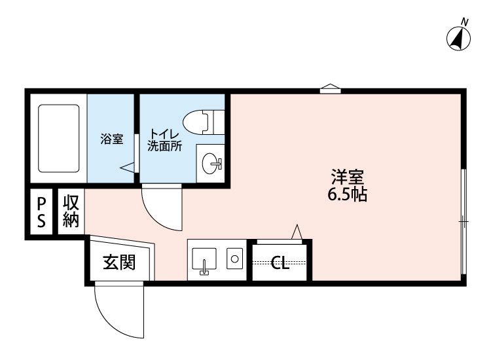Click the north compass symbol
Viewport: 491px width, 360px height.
coord(458,39)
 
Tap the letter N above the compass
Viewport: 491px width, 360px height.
coord(465,22)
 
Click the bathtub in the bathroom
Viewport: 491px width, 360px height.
coord(58,138)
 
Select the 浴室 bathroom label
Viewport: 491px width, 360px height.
coord(112,139)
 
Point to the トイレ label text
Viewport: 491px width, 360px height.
coord(164,135)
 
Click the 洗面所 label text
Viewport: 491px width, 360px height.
coord(165,146)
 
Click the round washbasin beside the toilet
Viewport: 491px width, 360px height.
coord(209,164)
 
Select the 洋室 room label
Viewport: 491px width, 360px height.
coord(348,177)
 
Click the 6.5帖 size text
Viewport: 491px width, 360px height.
coord(347,194)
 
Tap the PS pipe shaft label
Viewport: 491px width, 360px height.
coord(41,212)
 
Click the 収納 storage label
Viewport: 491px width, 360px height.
coord(71,211)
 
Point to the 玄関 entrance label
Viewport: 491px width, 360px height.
coord(119,262)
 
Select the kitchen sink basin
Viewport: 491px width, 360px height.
coord(204,259)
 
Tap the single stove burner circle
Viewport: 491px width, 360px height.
coord(234,259)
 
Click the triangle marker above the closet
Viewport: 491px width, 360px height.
coord(297,232)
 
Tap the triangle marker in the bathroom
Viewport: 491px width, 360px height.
coord(127,168)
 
